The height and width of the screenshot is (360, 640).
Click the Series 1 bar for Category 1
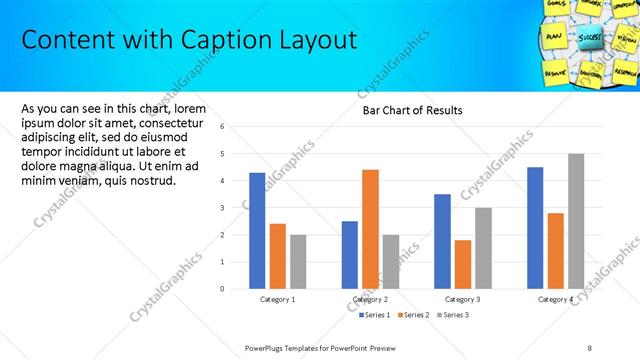[257, 230]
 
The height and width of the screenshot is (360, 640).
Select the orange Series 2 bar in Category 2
[370, 228]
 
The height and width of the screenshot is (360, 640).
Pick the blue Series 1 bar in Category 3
[442, 240]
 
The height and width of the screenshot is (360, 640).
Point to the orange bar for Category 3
[462, 263]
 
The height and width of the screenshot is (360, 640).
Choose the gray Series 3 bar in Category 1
[298, 261]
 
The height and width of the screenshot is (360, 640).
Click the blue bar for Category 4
[535, 227]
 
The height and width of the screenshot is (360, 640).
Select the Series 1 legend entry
[378, 315]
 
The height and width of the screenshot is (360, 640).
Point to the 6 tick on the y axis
[236, 127]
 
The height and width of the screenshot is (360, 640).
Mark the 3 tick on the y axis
[236, 208]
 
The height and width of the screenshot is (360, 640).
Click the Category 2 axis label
[371, 299]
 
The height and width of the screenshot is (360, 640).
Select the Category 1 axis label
[278, 299]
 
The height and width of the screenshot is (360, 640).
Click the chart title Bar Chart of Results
[412, 110]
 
